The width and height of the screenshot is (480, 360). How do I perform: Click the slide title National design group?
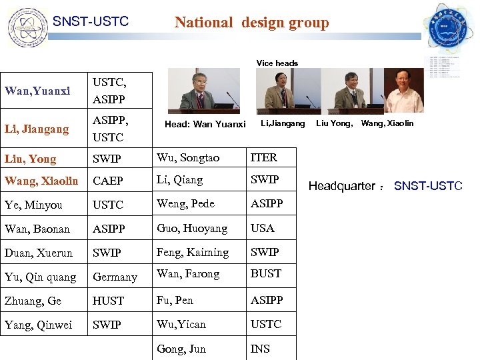[x=251, y=23]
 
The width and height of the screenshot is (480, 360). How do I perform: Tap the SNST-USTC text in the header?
[x=91, y=22]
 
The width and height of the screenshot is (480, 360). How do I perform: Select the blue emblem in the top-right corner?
[x=447, y=27]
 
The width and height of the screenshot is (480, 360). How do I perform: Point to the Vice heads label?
[x=277, y=63]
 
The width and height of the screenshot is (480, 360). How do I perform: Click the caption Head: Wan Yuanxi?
[x=205, y=124]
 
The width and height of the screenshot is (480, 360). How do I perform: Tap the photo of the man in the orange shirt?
[x=403, y=91]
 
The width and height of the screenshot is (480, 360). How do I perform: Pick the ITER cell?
[x=263, y=157]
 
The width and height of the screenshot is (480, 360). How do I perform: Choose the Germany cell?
[x=115, y=277]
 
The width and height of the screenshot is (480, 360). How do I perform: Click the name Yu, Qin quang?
[x=40, y=277]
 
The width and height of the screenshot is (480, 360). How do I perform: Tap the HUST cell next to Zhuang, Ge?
[x=108, y=301]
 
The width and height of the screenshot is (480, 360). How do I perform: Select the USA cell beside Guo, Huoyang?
[x=262, y=228]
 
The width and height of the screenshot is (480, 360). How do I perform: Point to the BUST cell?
[x=265, y=273]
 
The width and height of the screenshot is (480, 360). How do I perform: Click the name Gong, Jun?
[x=181, y=349]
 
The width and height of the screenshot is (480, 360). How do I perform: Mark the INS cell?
[x=260, y=349]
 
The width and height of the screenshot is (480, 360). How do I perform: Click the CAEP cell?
[x=109, y=181]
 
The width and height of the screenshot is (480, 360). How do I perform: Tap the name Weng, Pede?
[x=185, y=203]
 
